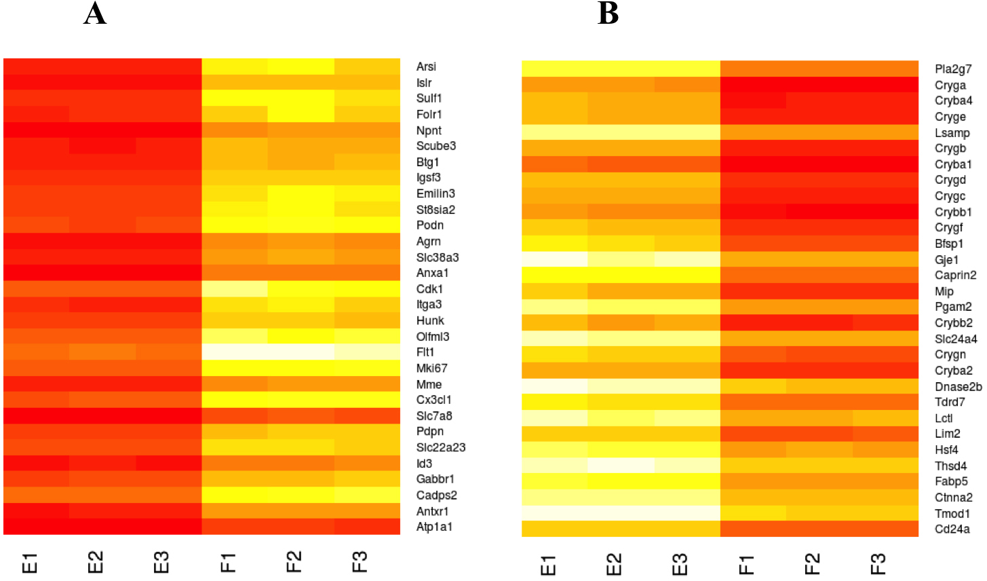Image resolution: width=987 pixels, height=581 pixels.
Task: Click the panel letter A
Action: click(95, 14)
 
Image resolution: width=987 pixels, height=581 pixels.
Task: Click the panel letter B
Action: click(608, 14)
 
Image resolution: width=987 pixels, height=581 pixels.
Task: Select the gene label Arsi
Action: click(426, 67)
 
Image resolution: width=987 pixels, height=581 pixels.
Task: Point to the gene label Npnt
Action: click(429, 130)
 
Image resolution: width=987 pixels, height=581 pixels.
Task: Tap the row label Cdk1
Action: click(429, 289)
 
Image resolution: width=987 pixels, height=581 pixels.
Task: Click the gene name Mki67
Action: click(431, 369)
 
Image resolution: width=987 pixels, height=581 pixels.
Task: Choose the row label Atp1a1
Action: click(434, 527)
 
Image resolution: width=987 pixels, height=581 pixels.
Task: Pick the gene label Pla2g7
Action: click(953, 69)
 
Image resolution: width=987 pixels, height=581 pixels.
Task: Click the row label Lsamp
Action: click(952, 133)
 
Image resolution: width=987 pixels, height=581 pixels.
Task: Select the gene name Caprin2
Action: click(956, 276)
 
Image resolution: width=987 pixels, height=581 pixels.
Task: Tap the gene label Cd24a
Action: click(952, 529)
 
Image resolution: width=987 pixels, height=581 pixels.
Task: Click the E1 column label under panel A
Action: click(30, 563)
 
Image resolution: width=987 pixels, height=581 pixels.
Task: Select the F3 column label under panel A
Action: click(360, 563)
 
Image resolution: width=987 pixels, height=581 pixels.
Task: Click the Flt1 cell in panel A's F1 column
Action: click(235, 352)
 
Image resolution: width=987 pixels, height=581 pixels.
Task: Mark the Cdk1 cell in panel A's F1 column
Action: click(235, 289)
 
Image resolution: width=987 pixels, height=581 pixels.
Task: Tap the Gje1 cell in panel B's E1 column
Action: click(554, 260)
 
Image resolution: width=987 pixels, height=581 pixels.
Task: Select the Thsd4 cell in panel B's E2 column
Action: click(621, 466)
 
